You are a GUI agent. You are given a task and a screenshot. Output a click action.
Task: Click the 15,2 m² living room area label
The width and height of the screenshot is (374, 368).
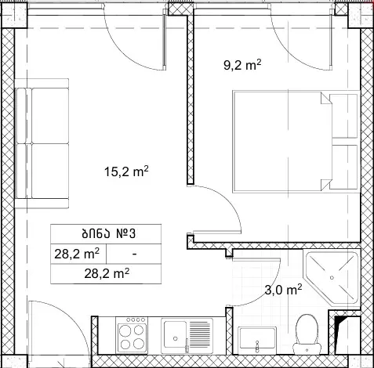(126, 171)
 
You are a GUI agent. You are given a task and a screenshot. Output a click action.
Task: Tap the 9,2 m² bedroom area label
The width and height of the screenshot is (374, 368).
(242, 65)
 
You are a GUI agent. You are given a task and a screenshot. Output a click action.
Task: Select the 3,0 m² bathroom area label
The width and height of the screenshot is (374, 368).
(283, 290)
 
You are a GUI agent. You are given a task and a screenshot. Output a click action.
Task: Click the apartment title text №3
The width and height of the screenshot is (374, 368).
(125, 234)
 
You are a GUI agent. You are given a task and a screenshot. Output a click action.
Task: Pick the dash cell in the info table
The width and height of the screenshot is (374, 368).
(134, 254)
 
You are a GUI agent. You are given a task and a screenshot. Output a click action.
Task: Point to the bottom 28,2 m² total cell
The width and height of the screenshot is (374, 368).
(107, 274)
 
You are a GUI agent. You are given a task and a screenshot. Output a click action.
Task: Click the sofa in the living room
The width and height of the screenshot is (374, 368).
(42, 143)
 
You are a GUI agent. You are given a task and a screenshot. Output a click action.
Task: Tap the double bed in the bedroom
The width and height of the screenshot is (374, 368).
(296, 142)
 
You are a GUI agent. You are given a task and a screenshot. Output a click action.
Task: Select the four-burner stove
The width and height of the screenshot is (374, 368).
(132, 335)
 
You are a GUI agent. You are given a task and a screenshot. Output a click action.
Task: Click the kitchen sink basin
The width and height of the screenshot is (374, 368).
(175, 337)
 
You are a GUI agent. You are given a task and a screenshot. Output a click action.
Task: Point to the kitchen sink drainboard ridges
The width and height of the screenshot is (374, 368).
(200, 336)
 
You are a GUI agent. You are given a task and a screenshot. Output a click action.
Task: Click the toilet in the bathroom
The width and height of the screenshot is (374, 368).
(307, 334)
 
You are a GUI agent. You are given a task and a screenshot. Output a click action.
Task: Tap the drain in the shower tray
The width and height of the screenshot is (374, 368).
(332, 277)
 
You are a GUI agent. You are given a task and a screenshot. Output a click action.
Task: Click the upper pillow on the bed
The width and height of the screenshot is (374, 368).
(344, 116)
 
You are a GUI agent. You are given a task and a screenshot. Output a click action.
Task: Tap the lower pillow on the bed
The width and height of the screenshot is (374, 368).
(344, 167)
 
